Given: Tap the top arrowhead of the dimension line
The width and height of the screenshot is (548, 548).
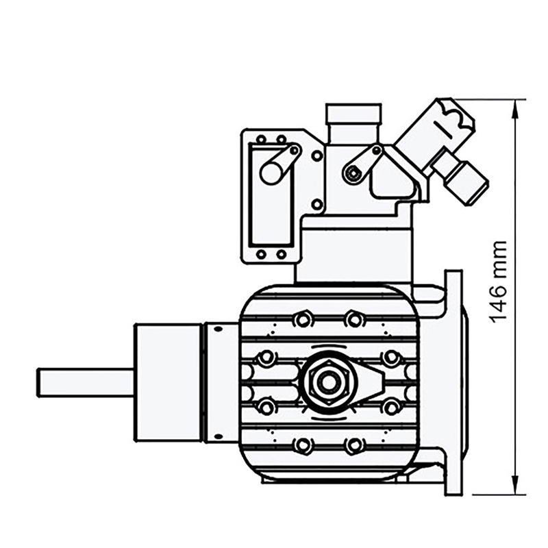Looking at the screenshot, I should tap(516, 103).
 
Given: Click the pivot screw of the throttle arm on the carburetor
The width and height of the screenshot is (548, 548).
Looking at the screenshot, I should tap(353, 174).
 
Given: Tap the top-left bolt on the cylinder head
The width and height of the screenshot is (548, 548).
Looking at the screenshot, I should tap(302, 319).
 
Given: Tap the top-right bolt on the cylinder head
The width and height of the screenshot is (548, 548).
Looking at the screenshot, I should tap(353, 319).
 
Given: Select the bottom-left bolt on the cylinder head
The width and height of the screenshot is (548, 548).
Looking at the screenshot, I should tap(302, 446).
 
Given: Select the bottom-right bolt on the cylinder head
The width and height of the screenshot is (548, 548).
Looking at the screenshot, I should tap(353, 446).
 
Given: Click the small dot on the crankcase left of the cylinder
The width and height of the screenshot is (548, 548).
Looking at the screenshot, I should tap(218, 329).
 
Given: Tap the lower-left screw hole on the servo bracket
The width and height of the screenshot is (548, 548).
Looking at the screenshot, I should tap(260, 255).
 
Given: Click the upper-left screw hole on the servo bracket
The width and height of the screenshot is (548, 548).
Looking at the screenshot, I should tap(260, 140).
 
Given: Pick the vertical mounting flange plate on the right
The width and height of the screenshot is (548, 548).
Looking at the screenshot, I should tap(453, 382).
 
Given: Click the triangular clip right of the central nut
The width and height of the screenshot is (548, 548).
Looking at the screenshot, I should tap(376, 382).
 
